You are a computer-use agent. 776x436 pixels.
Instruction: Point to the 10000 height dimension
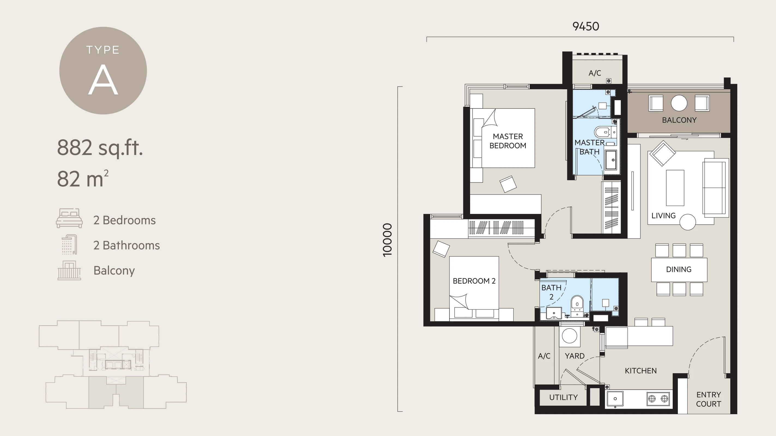pos(387,240)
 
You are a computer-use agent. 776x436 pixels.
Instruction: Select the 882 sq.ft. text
pos(100,148)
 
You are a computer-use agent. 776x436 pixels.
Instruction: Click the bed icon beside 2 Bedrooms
pos(69,218)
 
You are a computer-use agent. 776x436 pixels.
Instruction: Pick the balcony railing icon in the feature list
pos(69,270)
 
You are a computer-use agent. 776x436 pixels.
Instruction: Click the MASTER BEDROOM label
pos(508,141)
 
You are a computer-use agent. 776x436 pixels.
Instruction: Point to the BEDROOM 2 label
pos(474,281)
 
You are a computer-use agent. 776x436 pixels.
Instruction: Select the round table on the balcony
pos(679,103)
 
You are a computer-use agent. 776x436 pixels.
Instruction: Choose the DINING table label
pos(678,269)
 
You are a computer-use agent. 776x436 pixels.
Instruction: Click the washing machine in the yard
pos(569,336)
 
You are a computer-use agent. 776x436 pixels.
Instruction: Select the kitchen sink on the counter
pos(615,399)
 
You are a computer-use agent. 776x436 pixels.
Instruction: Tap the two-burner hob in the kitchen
pos(658,399)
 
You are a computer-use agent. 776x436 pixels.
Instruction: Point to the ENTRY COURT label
pos(708,399)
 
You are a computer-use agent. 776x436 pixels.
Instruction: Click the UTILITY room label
pos(563,398)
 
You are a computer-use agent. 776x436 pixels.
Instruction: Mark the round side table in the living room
pos(687,222)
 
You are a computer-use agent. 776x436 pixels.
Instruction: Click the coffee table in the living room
pos(675,187)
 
